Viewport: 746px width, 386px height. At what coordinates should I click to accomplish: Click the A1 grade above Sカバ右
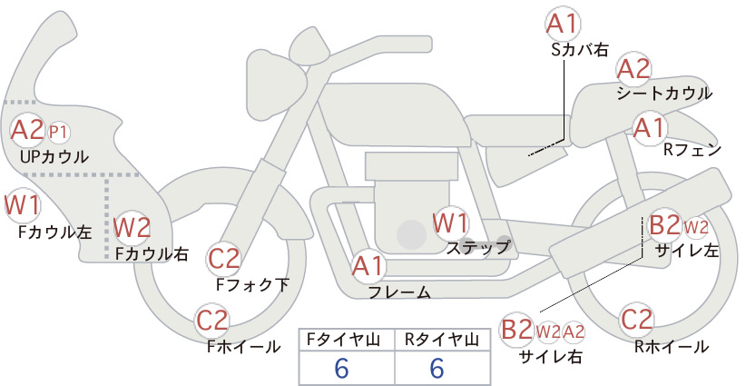(563, 24)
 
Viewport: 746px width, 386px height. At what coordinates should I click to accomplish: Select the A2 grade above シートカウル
(633, 69)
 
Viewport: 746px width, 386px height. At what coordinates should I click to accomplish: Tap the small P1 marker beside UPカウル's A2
(59, 133)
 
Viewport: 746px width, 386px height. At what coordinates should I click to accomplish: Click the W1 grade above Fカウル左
(22, 205)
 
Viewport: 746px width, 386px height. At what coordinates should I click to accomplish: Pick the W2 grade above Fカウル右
(133, 227)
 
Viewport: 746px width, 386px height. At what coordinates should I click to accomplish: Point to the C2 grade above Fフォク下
(224, 260)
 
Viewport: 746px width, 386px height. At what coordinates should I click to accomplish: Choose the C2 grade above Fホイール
(212, 321)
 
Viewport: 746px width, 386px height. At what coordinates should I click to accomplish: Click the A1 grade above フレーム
(368, 266)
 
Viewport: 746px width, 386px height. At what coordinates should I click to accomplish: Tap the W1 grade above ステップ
(450, 223)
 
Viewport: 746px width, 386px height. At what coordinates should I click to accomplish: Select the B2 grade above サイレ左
(664, 225)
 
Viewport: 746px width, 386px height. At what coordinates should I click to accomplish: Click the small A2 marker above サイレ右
(574, 332)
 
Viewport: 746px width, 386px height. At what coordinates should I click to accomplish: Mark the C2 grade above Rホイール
(636, 320)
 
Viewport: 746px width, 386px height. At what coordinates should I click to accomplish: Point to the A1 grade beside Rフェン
(650, 128)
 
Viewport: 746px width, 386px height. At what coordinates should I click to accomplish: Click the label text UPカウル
(54, 156)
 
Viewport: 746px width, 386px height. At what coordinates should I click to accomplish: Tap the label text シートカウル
(664, 94)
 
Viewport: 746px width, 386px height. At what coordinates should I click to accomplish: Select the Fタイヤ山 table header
(343, 340)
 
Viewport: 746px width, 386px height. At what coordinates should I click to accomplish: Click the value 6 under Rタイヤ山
(437, 369)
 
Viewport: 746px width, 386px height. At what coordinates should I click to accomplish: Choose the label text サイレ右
(551, 357)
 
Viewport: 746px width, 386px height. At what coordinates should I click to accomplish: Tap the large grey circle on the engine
(411, 235)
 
